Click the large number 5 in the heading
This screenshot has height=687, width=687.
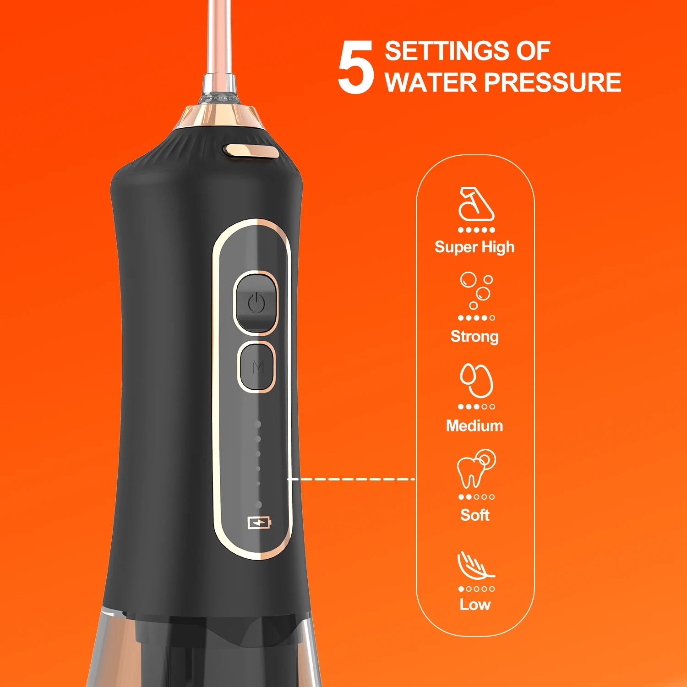pos(356,67)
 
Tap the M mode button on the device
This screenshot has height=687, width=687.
pos(257,366)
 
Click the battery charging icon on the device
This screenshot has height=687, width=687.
pos(260,522)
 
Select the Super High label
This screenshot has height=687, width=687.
pos(474,247)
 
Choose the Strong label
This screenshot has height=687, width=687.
pos(474,337)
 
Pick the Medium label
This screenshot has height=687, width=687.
pos(474,426)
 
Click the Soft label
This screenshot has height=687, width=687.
pos(475,515)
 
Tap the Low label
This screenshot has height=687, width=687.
pos(475,605)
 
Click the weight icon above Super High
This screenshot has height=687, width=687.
pos(476,204)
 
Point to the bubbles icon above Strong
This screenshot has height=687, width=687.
pos(477,290)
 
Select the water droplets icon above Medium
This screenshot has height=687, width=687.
pos(476,380)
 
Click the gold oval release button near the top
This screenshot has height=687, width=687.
pos(251,151)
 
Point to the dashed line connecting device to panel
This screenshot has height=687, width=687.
pos(351,479)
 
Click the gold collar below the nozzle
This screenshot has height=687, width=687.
pos(220,117)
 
